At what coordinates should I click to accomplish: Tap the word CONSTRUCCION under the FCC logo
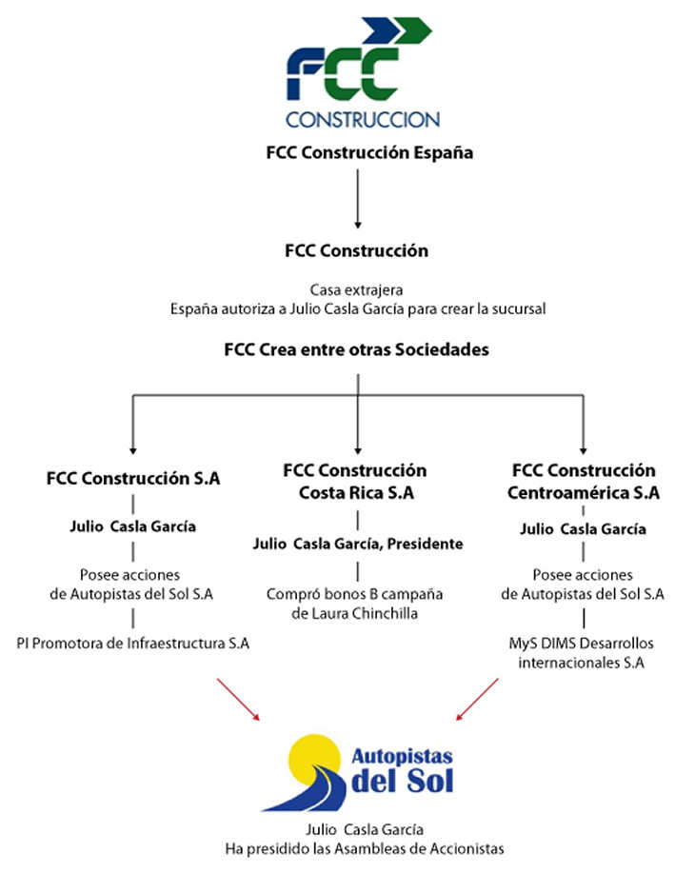[x=363, y=120]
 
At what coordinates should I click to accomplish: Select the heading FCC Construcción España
[x=369, y=152]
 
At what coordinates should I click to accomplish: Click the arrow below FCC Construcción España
[x=358, y=199]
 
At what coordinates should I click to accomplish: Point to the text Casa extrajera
[x=357, y=289]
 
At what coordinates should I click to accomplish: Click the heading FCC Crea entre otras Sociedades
[x=357, y=349]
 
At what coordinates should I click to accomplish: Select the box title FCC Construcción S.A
[x=133, y=478]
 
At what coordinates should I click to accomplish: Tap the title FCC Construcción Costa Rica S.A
[x=355, y=481]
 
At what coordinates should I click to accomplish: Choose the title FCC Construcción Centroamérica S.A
[x=584, y=481]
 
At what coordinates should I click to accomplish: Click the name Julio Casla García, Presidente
[x=358, y=544]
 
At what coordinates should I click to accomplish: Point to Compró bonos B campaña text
[x=354, y=594]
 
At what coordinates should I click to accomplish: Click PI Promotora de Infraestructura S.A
[x=132, y=644]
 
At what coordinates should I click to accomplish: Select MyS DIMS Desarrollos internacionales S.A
[x=581, y=653]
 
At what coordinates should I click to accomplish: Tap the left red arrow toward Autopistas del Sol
[x=238, y=700]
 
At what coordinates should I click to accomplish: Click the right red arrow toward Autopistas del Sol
[x=477, y=700]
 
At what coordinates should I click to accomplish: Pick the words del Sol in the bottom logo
[x=403, y=781]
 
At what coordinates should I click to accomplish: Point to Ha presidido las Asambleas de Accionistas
[x=365, y=849]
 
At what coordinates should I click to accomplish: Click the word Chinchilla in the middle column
[x=385, y=613]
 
